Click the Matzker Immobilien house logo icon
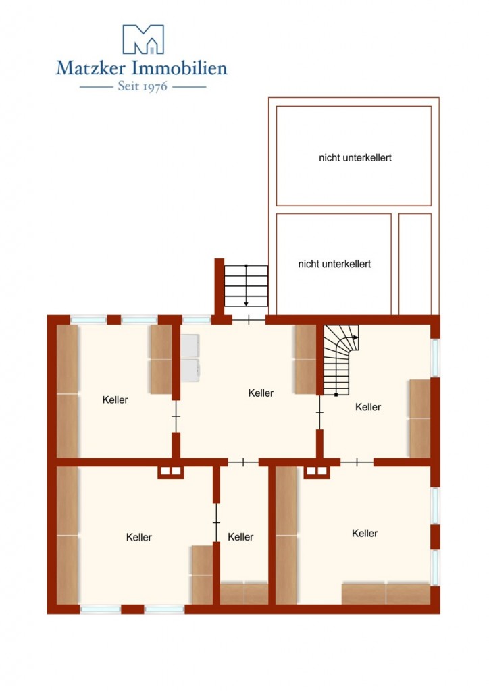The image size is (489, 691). coord(143,39)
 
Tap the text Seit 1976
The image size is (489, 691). coord(143,86)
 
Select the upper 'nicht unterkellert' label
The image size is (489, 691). coord(355,157)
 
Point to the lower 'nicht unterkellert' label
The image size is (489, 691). coord(334,264)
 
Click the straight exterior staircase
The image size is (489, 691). coord(246,285)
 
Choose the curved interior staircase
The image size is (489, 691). coord(341,360)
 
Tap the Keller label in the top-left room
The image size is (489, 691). coord(115,399)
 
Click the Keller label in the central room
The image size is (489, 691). coord(261,393)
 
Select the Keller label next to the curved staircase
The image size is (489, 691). coord(367,407)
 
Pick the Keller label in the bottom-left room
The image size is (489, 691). coord(139,537)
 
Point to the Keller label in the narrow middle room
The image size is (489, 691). coord(240,536)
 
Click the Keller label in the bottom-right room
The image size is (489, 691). coord(365,533)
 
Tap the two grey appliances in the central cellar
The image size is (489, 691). coord(190,358)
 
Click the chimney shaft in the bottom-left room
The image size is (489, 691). coord(171,472)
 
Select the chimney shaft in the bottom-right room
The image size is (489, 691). coord(317,472)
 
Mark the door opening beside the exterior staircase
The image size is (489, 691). coord(249,319)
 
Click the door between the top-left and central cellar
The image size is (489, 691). coord(176,416)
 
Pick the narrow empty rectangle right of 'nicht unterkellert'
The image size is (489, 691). coord(415,264)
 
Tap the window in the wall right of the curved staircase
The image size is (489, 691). coord(435,358)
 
